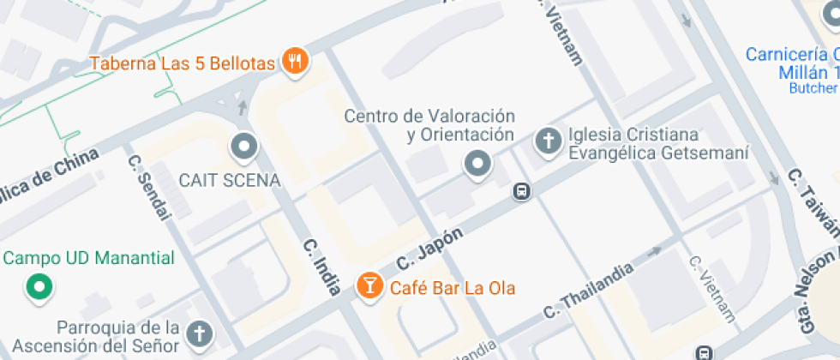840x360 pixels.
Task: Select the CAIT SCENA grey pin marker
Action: (244, 147)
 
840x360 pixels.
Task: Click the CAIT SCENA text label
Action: (229, 180)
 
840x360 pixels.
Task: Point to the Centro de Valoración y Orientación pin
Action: (477, 163)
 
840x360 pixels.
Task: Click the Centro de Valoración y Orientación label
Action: (429, 125)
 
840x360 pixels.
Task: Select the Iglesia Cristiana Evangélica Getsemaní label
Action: (658, 144)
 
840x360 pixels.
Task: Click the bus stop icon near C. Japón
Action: (521, 192)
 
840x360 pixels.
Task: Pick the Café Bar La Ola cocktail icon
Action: (369, 285)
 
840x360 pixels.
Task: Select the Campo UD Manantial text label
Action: (88, 258)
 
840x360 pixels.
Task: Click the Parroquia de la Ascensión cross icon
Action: (199, 333)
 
